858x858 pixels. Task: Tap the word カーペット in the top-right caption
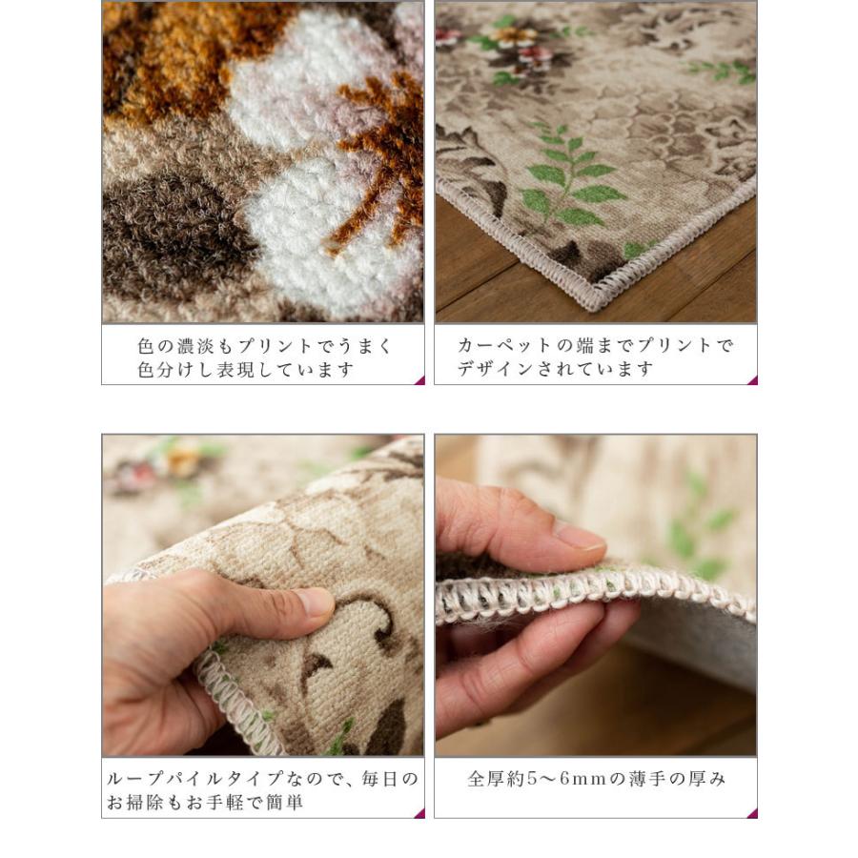(504, 345)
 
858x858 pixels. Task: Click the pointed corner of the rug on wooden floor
(593, 308)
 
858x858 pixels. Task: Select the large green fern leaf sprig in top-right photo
(569, 176)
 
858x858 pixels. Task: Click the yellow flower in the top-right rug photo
(513, 36)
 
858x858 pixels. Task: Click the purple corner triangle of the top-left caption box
(419, 380)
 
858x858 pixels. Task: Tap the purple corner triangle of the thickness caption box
(752, 813)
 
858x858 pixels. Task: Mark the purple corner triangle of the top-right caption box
(752, 380)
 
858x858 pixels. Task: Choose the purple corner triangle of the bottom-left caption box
(419, 813)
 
